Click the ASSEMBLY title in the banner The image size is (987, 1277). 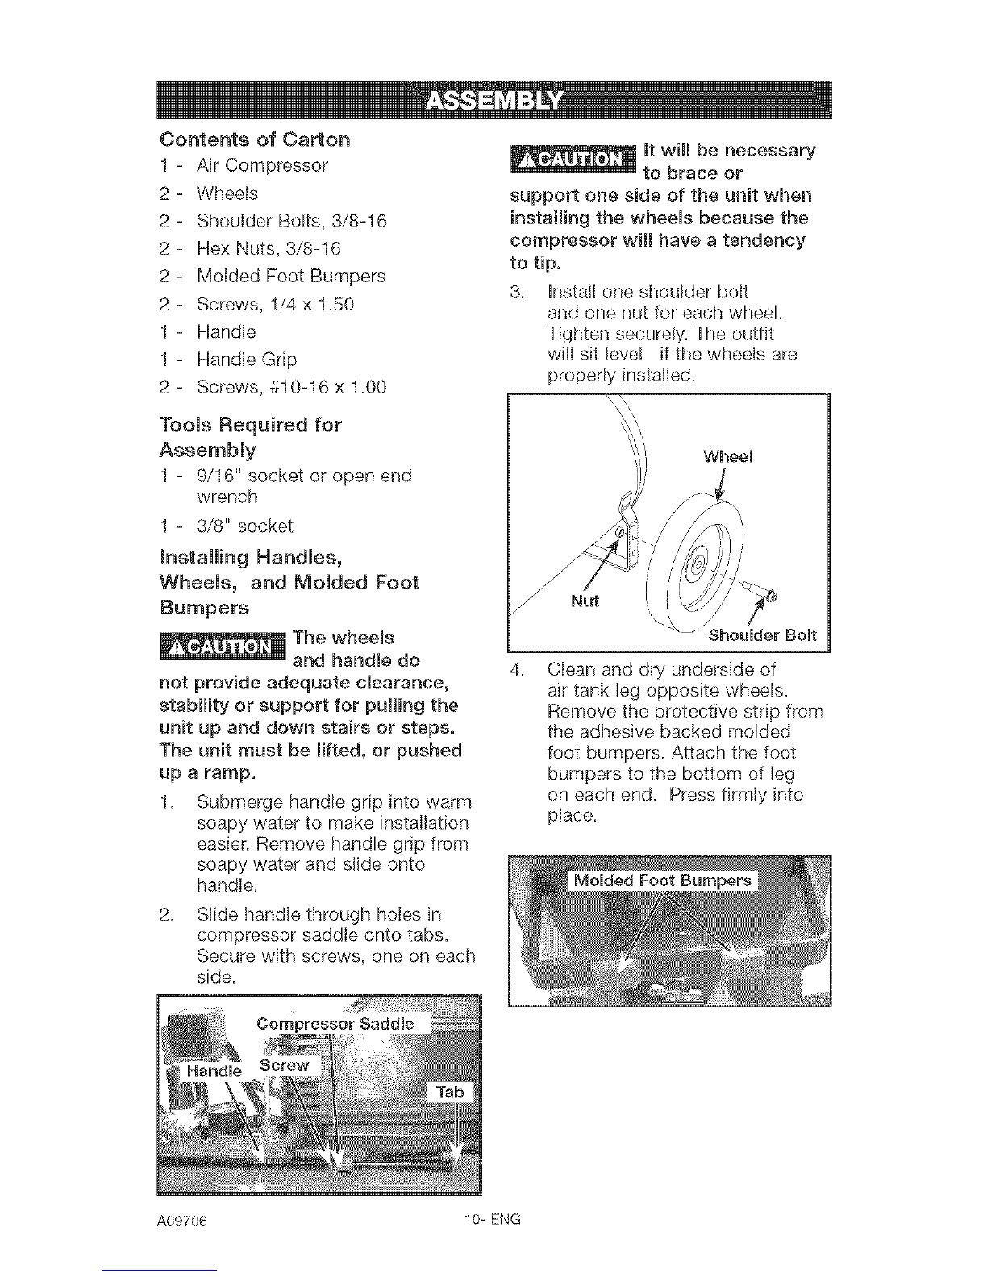coord(493,101)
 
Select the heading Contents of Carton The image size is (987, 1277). coord(255,139)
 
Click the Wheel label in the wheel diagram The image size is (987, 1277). coord(727,457)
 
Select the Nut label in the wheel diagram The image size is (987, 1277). coord(585,601)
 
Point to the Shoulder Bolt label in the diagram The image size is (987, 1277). coord(762,635)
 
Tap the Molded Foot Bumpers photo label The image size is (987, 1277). coord(663,880)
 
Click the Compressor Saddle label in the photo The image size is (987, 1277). coord(335,1025)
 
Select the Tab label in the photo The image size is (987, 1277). coord(450,1092)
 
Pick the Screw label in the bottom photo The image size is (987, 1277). coord(285,1066)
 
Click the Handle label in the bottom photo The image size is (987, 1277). coord(214,1071)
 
